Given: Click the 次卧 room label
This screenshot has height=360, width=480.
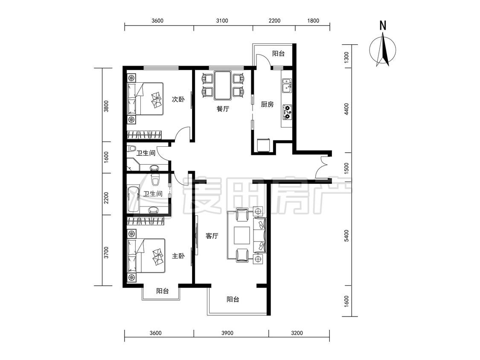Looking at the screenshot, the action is tap(178, 99).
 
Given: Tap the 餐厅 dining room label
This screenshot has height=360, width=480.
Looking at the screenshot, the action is tap(223, 109).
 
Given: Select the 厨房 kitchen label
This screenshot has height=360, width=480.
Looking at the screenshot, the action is tap(267, 105).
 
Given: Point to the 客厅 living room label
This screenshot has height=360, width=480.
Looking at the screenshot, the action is tap(212, 236).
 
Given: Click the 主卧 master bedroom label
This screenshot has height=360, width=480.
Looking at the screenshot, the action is tap(178, 255).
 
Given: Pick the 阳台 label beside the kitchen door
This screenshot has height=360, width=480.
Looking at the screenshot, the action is tap(278, 54).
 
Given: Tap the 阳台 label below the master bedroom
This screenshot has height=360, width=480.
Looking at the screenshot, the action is tap(162, 291).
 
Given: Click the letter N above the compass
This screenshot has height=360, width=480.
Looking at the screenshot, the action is tap(383, 26).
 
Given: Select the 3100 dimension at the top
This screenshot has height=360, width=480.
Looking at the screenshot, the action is tap(222, 21).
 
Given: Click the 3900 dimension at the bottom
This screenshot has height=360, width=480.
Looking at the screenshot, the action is tap(227, 333).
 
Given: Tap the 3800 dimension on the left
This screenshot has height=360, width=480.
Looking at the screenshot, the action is tap(106, 106).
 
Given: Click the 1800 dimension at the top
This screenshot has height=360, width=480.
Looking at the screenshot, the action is tap(313, 21).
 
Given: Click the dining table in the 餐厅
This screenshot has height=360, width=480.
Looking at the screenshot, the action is tap(223, 85).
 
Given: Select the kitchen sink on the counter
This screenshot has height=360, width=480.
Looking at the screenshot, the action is tap(287, 85).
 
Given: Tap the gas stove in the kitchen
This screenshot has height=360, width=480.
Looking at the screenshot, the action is tap(287, 112).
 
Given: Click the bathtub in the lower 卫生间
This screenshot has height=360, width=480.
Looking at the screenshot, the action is tap(133, 199).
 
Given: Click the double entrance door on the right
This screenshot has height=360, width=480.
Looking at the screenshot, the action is tap(323, 168).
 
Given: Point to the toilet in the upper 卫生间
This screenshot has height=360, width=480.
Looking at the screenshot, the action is tap(132, 148).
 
